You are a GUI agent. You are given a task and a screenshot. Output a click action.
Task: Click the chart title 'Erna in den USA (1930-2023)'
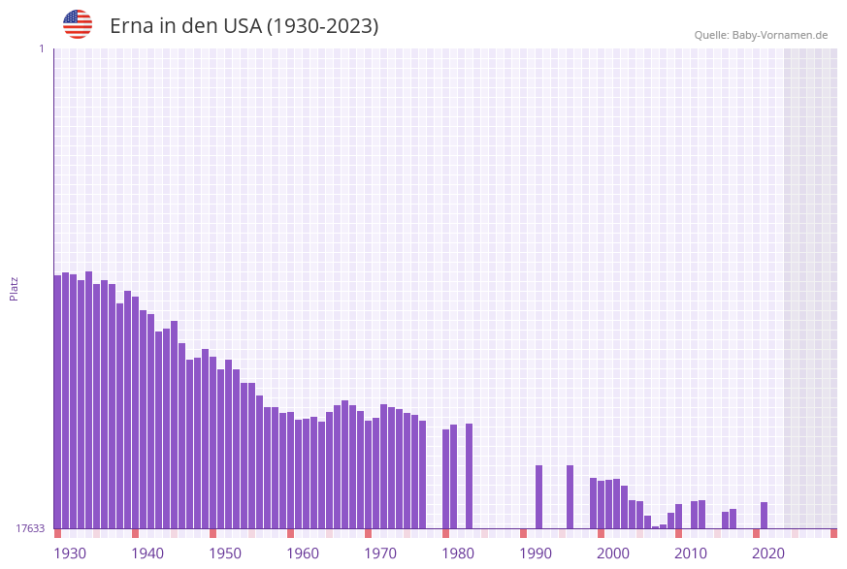click(244, 26)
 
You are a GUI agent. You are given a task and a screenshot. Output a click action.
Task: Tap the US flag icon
click(78, 24)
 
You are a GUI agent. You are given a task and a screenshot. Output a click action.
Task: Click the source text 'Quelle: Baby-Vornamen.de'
click(761, 35)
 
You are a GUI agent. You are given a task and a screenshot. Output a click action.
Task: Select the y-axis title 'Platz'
click(14, 288)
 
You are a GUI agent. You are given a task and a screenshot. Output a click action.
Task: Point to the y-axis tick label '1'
click(41, 48)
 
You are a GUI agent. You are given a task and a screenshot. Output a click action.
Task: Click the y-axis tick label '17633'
click(29, 528)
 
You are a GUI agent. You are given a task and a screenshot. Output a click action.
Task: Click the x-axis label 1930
click(69, 553)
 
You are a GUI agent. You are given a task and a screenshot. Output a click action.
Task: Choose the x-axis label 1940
click(147, 553)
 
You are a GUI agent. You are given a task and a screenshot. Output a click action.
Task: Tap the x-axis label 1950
click(225, 553)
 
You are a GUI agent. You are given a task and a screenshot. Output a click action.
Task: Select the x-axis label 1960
click(303, 553)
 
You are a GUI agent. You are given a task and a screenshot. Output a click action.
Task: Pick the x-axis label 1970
click(380, 553)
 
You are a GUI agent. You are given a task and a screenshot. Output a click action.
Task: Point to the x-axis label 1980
click(458, 553)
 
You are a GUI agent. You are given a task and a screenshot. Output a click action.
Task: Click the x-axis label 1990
click(536, 553)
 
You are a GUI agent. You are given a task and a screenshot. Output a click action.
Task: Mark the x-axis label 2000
click(613, 553)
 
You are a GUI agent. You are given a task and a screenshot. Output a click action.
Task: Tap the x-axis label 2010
click(691, 553)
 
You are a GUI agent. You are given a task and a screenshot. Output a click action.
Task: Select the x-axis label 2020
click(768, 553)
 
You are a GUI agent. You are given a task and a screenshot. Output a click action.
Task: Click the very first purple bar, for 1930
click(57, 401)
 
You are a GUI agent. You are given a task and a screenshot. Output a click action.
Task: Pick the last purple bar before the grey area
click(765, 515)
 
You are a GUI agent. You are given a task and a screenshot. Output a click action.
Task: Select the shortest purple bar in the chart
click(656, 527)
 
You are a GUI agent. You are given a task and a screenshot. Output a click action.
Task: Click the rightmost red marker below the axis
click(833, 533)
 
